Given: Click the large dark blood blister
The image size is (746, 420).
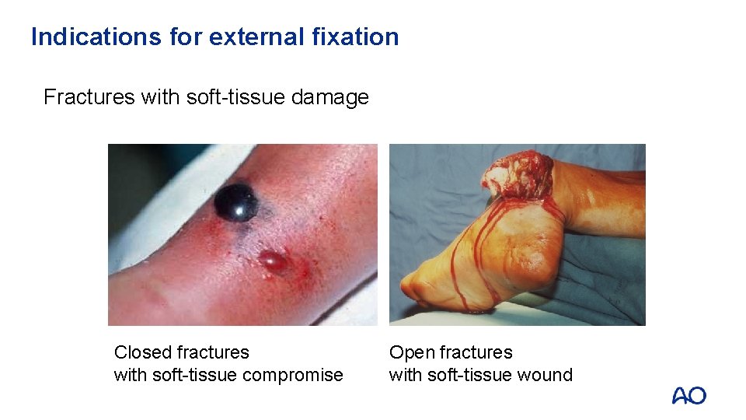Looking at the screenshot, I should (235, 202).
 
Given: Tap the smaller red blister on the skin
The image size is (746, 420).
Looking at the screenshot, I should (273, 261).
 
